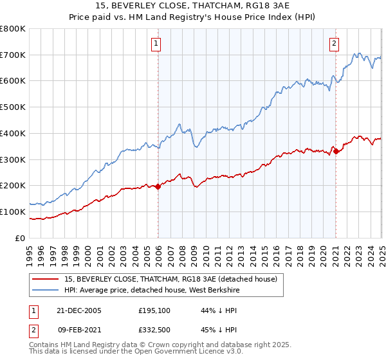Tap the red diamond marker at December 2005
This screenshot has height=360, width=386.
tap(158, 187)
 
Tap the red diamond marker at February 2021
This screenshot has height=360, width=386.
tap(336, 151)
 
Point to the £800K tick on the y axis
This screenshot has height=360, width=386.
tap(14, 29)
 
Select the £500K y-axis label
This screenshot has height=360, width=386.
tap(14, 107)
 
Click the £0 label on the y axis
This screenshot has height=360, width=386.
tap(19, 238)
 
